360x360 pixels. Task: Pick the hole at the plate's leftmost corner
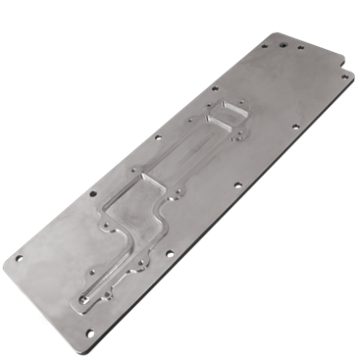tap(18, 258)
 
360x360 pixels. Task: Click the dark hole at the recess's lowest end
tap(85, 293)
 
